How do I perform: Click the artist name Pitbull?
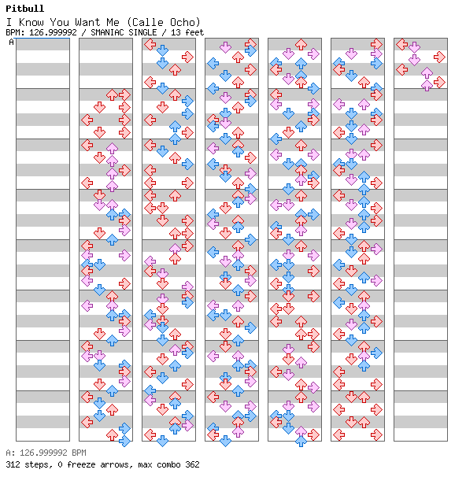[x=25, y=9]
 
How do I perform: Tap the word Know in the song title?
[x=31, y=22]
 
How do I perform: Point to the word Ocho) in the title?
[x=185, y=22]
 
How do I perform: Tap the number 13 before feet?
[x=176, y=32]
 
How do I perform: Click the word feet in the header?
[x=194, y=32]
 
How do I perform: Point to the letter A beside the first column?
[x=11, y=42]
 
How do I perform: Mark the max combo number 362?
[x=192, y=464]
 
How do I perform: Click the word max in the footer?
[x=145, y=465]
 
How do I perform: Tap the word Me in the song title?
[x=113, y=22]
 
